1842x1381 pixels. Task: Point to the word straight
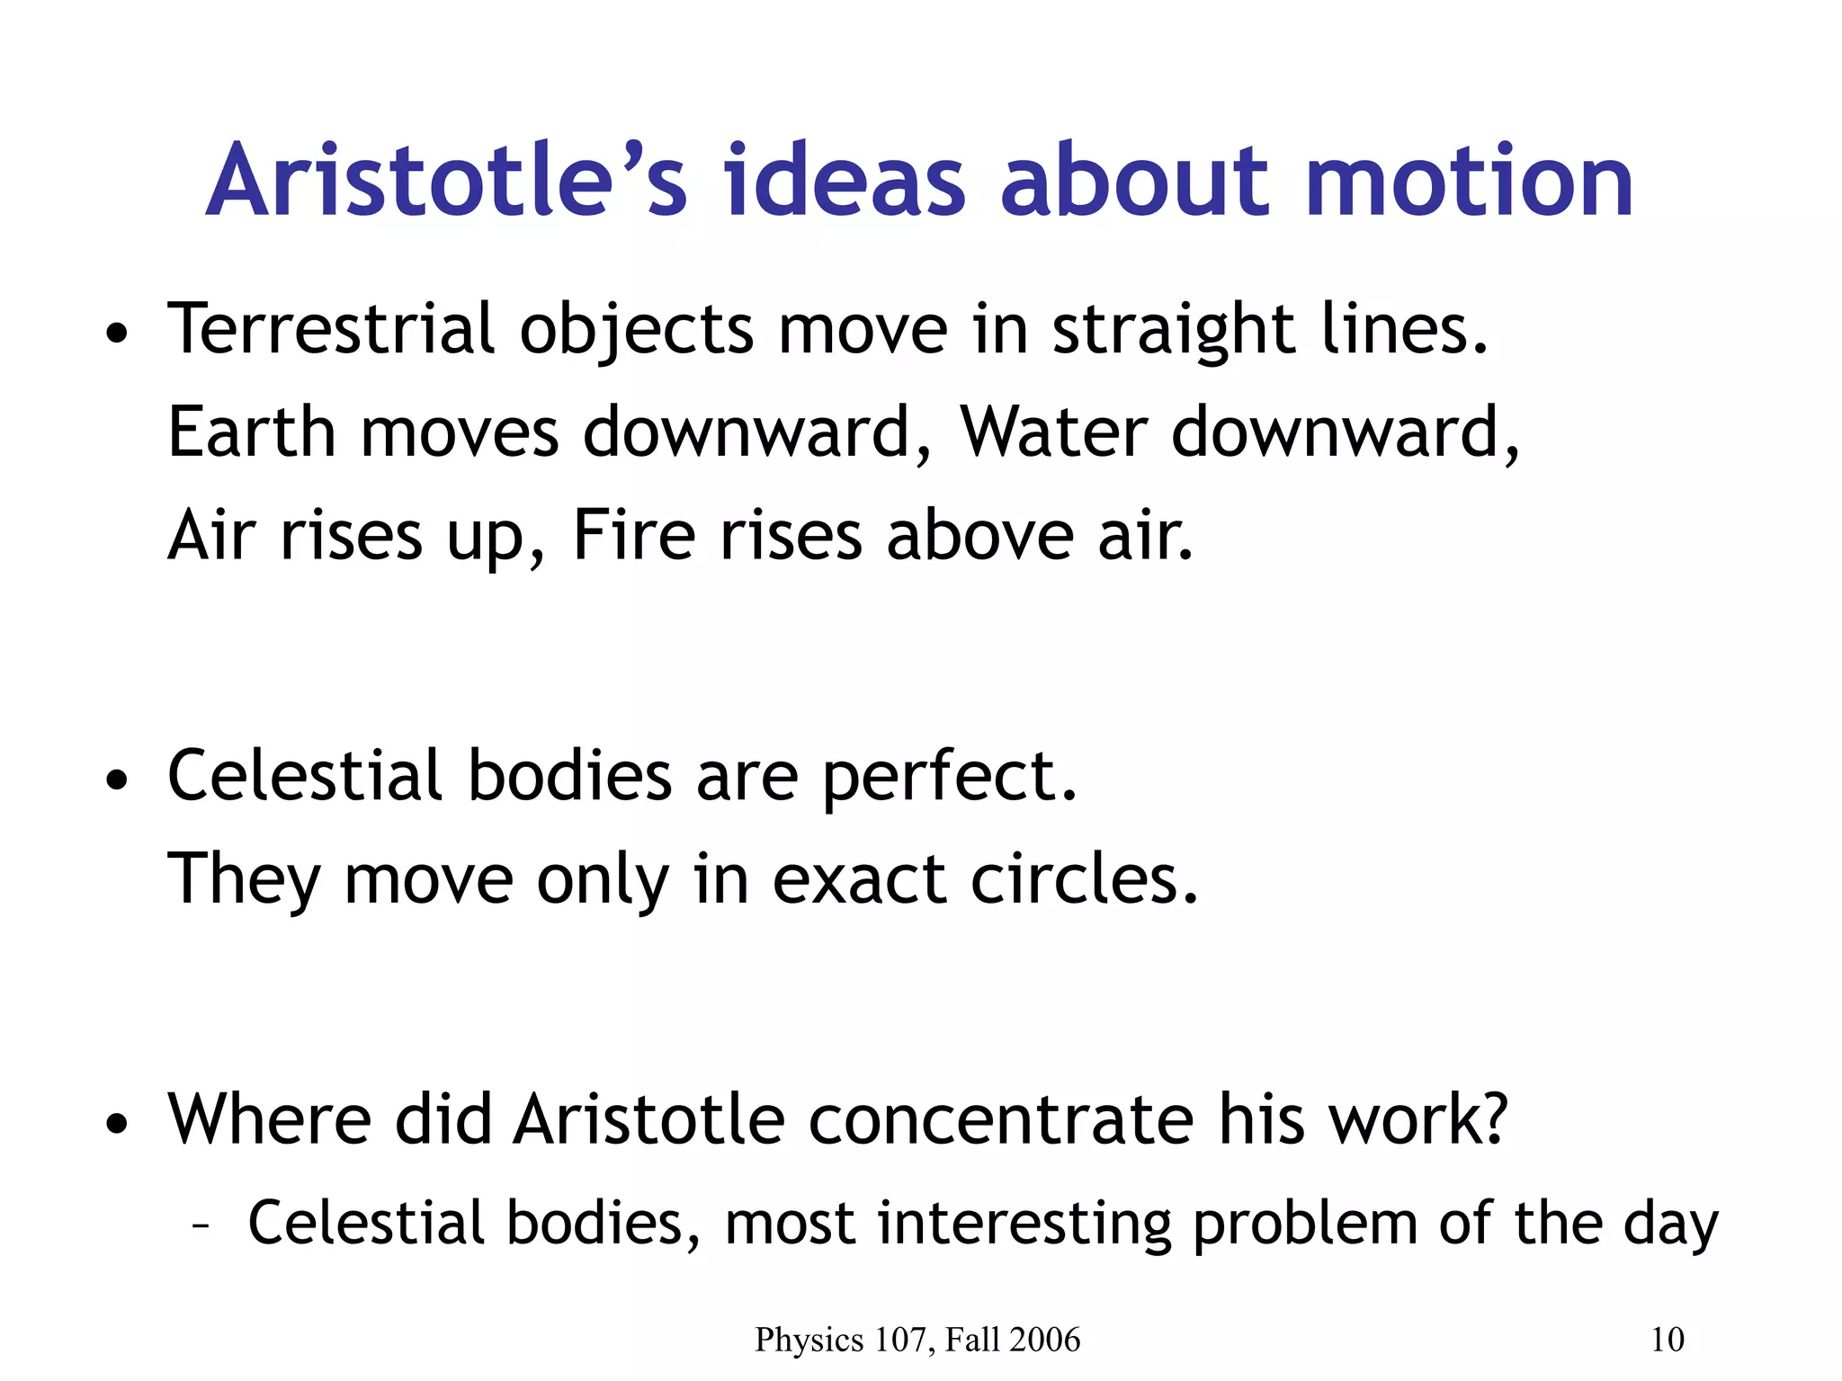click(1174, 331)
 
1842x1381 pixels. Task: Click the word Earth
click(252, 432)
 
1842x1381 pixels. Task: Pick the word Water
click(1053, 432)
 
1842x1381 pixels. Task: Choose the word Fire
click(634, 536)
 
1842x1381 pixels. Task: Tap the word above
click(980, 536)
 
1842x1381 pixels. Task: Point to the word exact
click(859, 879)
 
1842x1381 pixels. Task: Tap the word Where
click(270, 1120)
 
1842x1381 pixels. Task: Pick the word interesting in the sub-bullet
click(1024, 1225)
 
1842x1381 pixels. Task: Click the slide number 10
click(1668, 1340)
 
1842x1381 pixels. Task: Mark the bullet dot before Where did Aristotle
click(117, 1125)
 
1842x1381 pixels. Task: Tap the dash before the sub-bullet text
click(201, 1225)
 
